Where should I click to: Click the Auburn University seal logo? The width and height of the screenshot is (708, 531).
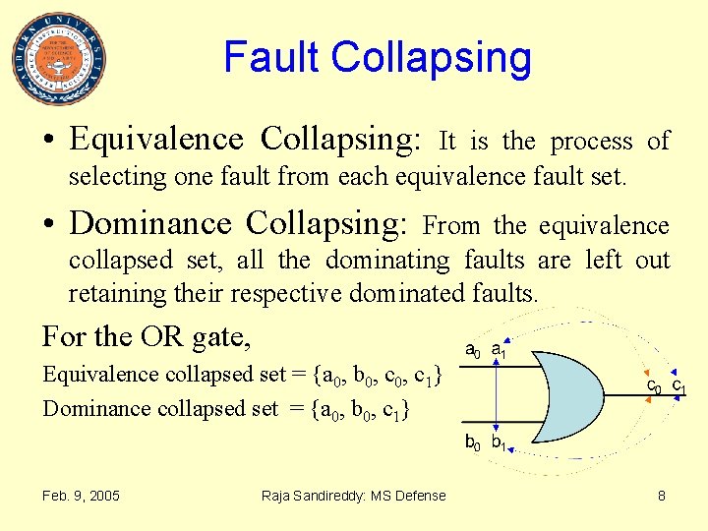[59, 59]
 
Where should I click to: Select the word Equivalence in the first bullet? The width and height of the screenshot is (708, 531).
[156, 141]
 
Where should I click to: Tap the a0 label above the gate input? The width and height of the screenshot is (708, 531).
[472, 350]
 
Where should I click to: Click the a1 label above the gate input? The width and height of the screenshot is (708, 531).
[498, 350]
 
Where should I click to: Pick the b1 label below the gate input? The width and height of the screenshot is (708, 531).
[499, 442]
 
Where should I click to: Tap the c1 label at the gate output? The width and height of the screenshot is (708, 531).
[678, 385]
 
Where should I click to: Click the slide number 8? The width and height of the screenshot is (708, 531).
[662, 496]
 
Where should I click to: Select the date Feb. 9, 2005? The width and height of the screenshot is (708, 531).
[81, 496]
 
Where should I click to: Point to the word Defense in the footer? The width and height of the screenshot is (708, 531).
[422, 496]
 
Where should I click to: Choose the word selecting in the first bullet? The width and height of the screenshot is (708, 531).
[105, 177]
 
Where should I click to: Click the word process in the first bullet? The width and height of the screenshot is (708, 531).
[591, 142]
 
